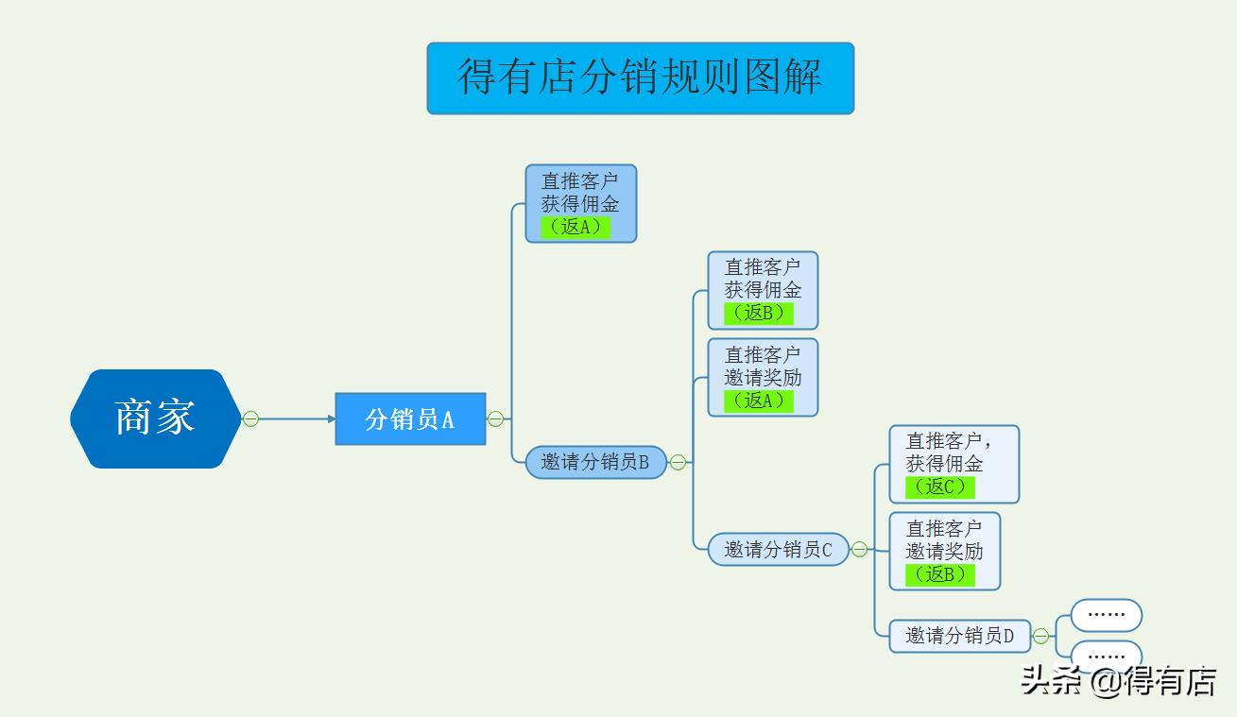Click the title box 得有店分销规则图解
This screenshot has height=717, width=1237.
[640, 77]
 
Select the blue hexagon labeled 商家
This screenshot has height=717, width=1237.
[155, 418]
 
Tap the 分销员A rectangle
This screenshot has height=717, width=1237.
[410, 418]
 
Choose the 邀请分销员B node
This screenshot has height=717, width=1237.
[595, 462]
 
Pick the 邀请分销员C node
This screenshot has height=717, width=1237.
[778, 549]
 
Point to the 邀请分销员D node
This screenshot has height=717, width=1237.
[959, 636]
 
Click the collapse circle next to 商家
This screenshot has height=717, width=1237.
[250, 418]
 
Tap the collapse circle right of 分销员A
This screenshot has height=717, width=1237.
[495, 418]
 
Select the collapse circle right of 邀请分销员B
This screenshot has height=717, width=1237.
[678, 462]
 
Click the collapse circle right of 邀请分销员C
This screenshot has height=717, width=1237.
[859, 549]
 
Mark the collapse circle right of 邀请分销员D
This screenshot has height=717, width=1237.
[1040, 636]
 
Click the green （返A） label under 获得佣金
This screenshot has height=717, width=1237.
[576, 227]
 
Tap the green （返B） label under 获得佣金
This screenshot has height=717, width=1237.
[758, 313]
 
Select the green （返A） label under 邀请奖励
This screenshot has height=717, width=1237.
[758, 400]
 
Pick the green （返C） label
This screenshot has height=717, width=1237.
[939, 487]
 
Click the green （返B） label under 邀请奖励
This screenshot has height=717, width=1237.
[939, 573]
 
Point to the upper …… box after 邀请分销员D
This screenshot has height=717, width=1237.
[1106, 615]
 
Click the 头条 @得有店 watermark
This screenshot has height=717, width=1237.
[1118, 681]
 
